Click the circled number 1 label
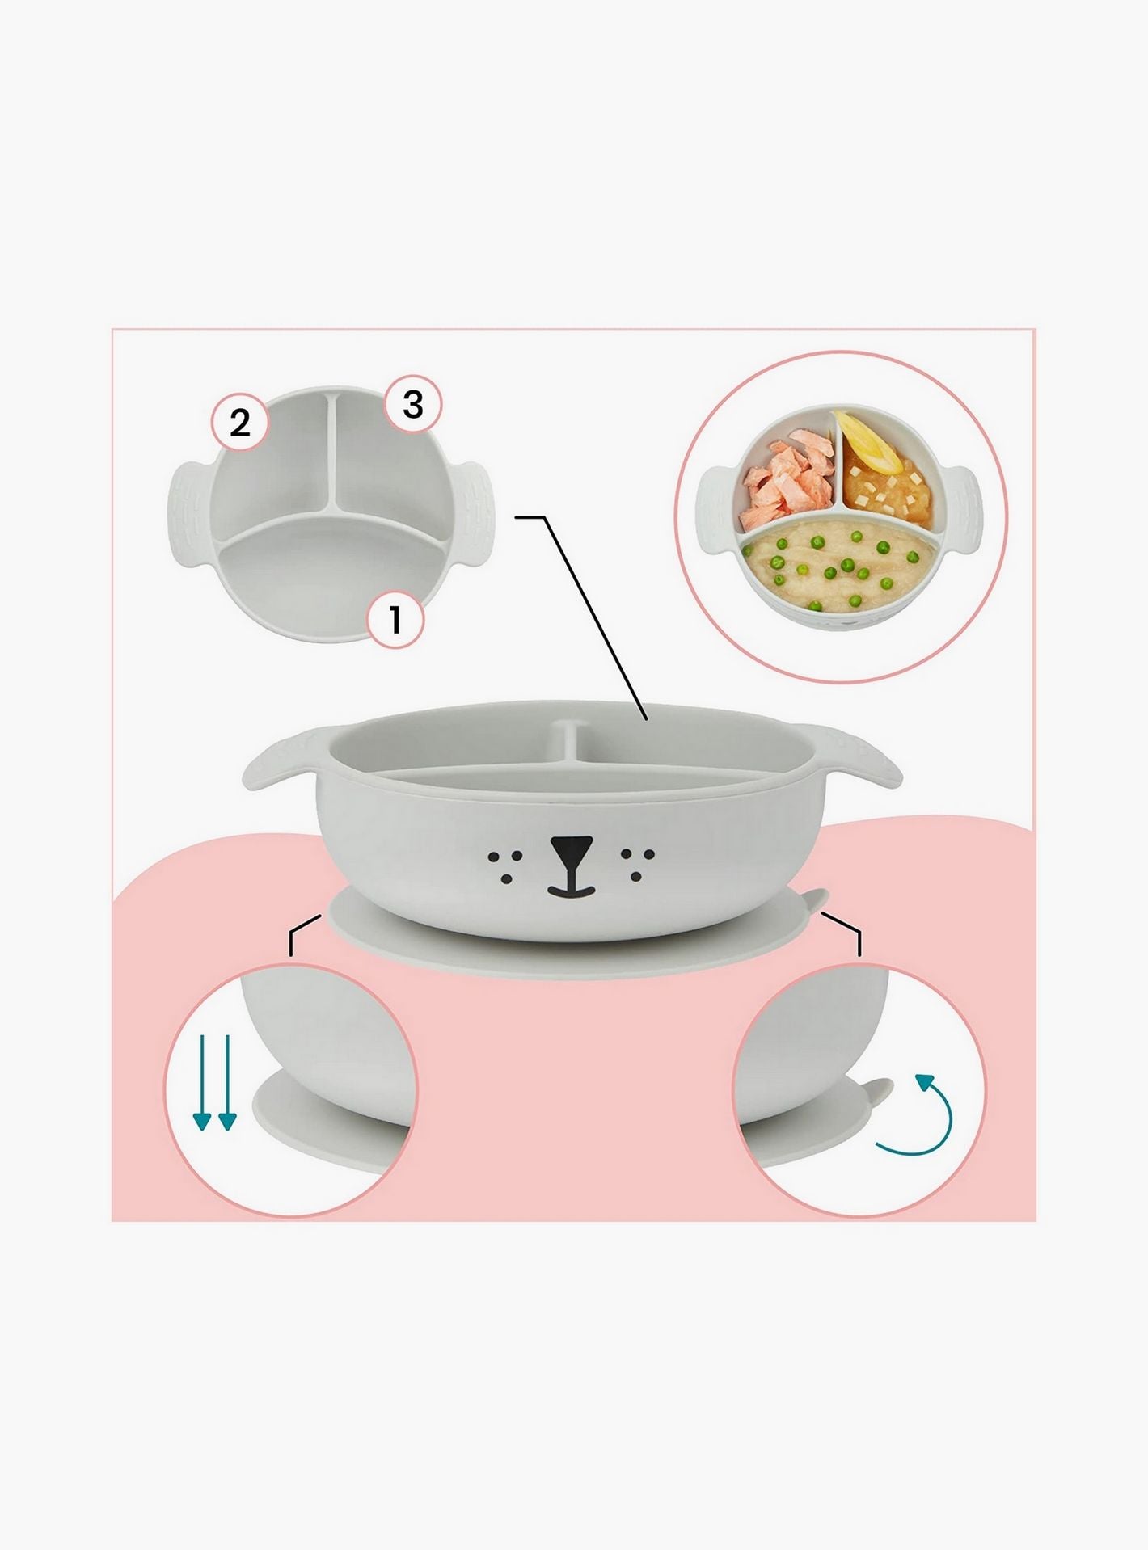tap(395, 621)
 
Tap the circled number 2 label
tap(240, 423)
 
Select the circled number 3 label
tap(412, 403)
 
